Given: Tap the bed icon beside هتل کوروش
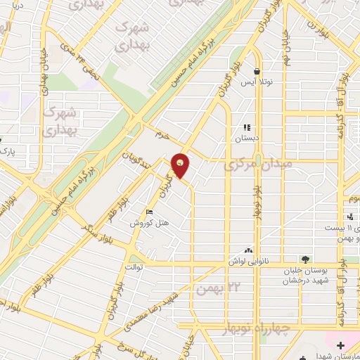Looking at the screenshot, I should pos(148,212).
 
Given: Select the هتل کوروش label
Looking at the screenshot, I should pos(146,222).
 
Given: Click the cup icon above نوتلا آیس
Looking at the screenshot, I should pos(257,72).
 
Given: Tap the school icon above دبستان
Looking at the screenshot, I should pos(247,128).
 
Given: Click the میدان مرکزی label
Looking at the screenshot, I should pos(252,167).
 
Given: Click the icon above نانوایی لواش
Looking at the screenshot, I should pos(247,250).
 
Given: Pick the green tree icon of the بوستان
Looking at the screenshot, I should pos(304,259).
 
